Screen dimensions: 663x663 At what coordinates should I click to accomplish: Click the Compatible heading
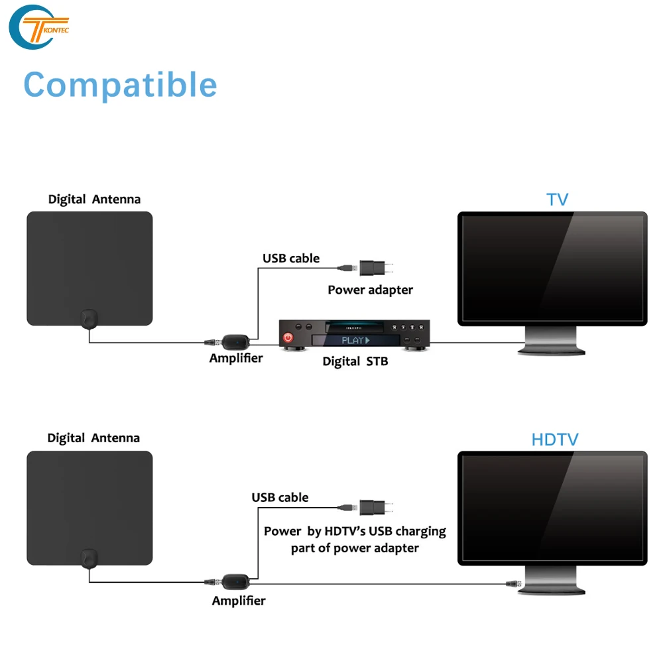pyautogui.click(x=120, y=85)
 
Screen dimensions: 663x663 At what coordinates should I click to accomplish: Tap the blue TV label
pyautogui.click(x=557, y=200)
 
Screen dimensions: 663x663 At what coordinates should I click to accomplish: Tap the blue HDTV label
pyautogui.click(x=554, y=439)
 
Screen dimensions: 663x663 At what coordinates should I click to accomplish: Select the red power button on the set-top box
pyautogui.click(x=288, y=338)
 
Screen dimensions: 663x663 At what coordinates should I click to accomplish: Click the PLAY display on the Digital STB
pyautogui.click(x=355, y=340)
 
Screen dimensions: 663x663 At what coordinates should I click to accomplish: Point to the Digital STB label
pyautogui.click(x=355, y=362)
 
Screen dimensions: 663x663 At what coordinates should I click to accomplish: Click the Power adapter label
pyautogui.click(x=370, y=290)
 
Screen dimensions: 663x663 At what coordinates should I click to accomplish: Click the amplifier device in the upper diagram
pyautogui.click(x=235, y=343)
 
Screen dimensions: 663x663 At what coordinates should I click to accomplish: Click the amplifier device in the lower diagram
pyautogui.click(x=235, y=582)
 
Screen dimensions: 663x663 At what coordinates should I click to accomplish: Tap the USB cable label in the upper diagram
pyautogui.click(x=290, y=258)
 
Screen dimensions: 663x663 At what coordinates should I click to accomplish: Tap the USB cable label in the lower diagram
pyautogui.click(x=280, y=497)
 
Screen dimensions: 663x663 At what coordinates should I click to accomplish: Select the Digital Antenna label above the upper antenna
pyautogui.click(x=94, y=200)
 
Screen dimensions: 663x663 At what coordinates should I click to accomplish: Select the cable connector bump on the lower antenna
pyautogui.click(x=88, y=558)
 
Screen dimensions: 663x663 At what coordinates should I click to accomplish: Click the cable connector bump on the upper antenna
pyautogui.click(x=88, y=319)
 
